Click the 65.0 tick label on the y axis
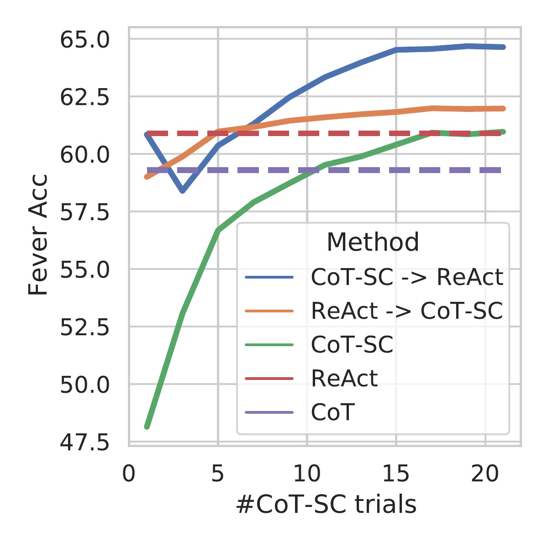tap(84, 39)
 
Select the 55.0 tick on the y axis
tap(84, 269)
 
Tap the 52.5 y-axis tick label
tap(84, 327)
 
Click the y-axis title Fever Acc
tap(38, 235)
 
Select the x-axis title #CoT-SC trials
tap(326, 505)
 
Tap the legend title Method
tap(373, 242)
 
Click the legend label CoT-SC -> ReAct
tap(407, 277)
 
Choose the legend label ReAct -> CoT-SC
tap(407, 311)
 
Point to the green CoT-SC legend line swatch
tap(269, 345)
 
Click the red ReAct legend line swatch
tap(269, 379)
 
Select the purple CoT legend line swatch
tap(269, 412)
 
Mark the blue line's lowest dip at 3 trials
tap(182, 191)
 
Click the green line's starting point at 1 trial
tap(147, 427)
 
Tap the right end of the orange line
tap(503, 108)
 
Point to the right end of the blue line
tap(503, 47)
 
